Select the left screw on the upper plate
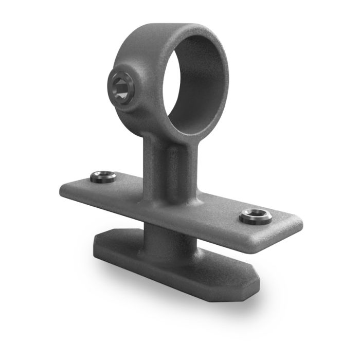[103, 177]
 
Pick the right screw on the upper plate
[256, 216]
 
